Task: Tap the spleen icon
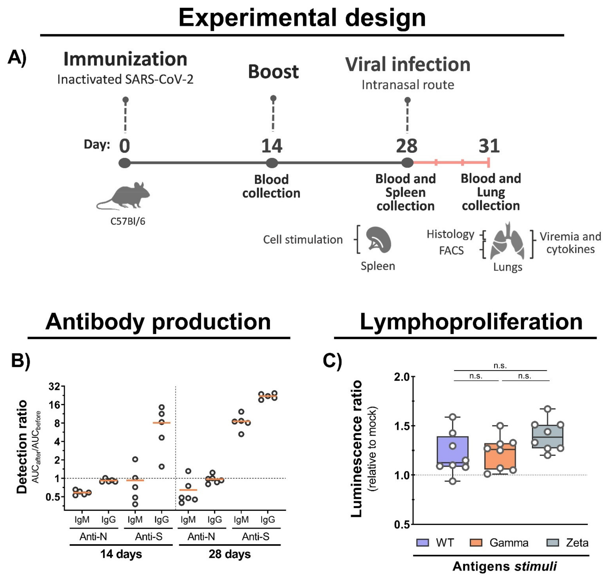[x=378, y=239]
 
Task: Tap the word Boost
[x=273, y=72]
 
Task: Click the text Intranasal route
[x=408, y=85]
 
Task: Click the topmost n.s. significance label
[x=500, y=366]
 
